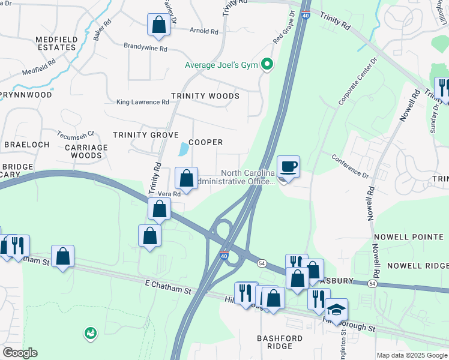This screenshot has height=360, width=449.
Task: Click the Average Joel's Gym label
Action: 221,65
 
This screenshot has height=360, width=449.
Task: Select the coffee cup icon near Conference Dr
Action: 288,167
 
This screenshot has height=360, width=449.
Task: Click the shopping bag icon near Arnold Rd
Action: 158,25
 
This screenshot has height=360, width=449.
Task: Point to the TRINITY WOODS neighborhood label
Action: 205,96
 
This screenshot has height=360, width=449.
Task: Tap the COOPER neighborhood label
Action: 206,142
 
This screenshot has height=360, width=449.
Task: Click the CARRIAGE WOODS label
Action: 83,151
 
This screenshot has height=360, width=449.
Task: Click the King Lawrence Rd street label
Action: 143,103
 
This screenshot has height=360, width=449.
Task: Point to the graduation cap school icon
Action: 336,310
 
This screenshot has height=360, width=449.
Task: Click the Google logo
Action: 19,353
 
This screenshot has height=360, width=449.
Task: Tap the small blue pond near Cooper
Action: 184,149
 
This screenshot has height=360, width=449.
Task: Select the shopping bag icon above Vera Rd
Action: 186,179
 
